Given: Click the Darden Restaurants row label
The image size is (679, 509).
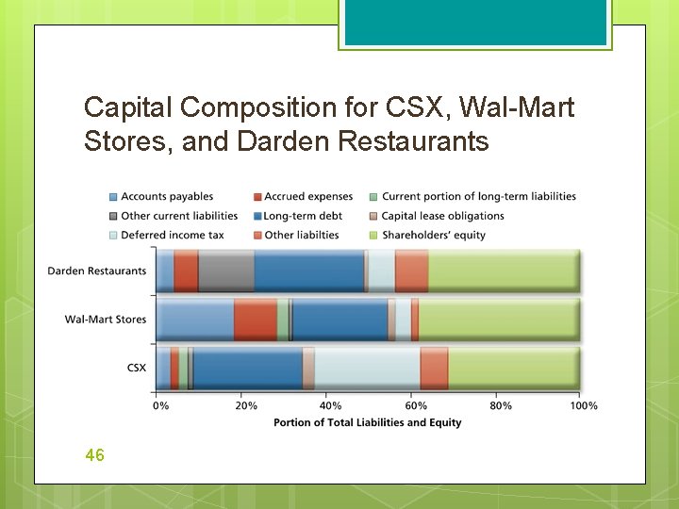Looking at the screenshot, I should (x=97, y=271).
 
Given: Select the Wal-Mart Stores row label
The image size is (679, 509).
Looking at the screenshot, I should (x=106, y=320).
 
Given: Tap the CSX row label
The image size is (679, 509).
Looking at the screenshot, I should (x=137, y=368).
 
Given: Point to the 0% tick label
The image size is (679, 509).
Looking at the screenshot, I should (x=161, y=405).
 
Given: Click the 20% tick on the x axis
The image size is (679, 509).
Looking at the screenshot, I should (x=245, y=405).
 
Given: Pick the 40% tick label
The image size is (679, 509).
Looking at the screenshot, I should (x=330, y=405).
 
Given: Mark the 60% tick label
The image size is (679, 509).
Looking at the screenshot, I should (x=415, y=405).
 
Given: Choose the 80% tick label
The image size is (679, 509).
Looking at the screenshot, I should (x=501, y=405).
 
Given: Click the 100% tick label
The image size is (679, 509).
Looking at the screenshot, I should (x=584, y=405).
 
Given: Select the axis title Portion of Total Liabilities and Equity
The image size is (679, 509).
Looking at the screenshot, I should (x=368, y=422).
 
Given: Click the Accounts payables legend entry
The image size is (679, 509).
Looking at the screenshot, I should (x=166, y=196).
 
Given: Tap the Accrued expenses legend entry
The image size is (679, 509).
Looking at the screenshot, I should (x=307, y=196).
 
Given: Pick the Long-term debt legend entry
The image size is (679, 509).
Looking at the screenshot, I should (x=302, y=216).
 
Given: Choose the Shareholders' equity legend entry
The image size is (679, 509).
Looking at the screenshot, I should (x=433, y=235).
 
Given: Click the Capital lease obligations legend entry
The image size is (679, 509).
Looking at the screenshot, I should (x=442, y=216).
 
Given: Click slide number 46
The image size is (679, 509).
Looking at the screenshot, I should (x=94, y=455).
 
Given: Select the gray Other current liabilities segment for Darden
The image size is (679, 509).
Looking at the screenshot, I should (x=226, y=271).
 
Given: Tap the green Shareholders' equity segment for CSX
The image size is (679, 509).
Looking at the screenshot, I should (x=514, y=368).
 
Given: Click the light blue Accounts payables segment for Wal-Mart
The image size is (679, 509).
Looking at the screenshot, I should (x=194, y=320).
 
